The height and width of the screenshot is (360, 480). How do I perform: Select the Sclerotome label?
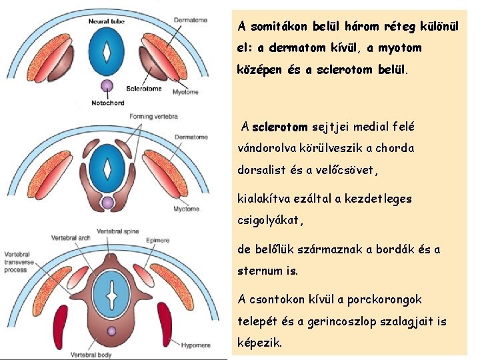(x=143, y=88)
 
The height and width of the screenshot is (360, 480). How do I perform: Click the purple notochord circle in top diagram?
(x=107, y=85)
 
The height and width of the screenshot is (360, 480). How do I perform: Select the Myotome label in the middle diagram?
(x=186, y=209)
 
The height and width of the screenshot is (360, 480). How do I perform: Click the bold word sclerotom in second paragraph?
(x=280, y=127)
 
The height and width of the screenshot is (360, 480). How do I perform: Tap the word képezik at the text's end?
(x=260, y=343)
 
